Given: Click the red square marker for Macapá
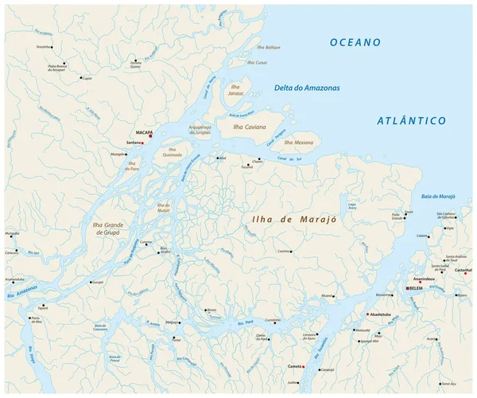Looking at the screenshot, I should point(149,135).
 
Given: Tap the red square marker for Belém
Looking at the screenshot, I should point(408,288).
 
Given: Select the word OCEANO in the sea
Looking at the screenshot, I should point(355,42).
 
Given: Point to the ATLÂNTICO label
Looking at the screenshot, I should point(410,120).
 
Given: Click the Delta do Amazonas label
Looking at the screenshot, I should point(306,88).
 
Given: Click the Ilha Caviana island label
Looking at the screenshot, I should point(249,127).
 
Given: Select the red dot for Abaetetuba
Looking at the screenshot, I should point(367,314).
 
